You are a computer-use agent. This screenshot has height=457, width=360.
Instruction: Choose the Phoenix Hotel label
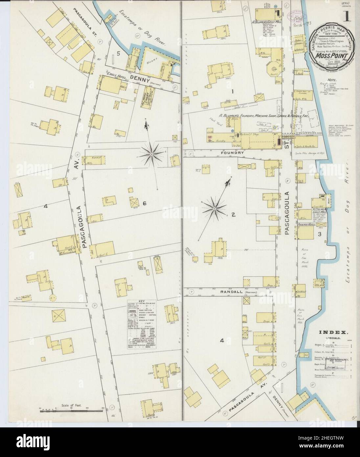pyautogui.click(x=307, y=225)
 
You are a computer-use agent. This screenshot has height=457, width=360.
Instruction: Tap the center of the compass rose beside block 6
pyautogui.click(x=151, y=154)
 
